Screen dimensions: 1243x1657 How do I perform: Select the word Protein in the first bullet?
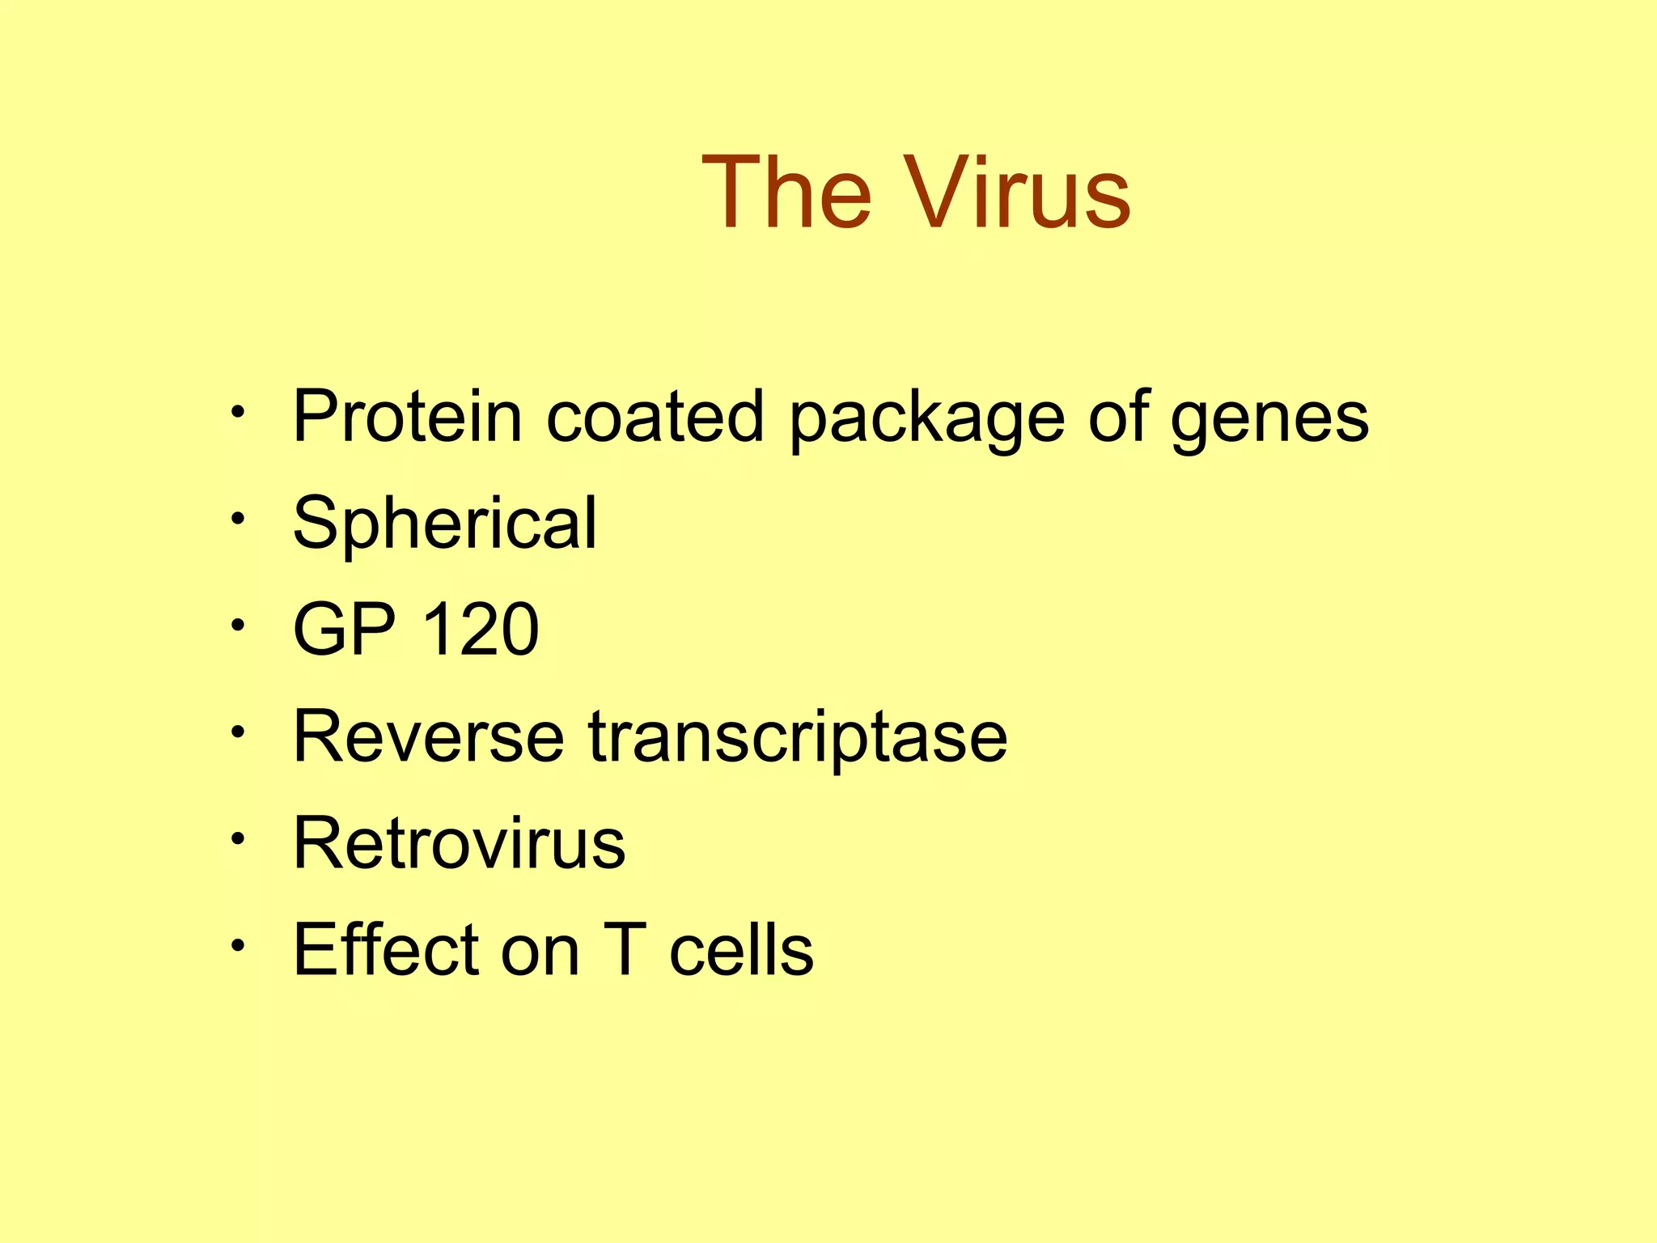click(x=407, y=418)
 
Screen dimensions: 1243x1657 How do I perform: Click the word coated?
click(x=655, y=418)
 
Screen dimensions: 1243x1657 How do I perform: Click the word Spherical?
click(x=444, y=524)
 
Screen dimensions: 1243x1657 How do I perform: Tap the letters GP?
click(x=344, y=630)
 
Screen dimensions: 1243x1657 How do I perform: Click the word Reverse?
click(x=428, y=736)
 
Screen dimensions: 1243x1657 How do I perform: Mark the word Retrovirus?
click(x=459, y=843)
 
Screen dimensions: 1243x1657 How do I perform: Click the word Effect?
click(x=386, y=950)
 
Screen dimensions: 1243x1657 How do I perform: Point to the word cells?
click(x=741, y=950)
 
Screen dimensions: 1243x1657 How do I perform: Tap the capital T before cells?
click(x=625, y=950)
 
